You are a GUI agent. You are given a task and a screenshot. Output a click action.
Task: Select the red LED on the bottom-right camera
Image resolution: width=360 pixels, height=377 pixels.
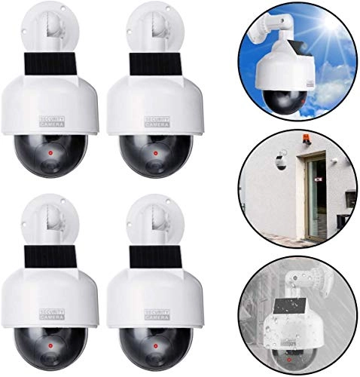tap(155, 346)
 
